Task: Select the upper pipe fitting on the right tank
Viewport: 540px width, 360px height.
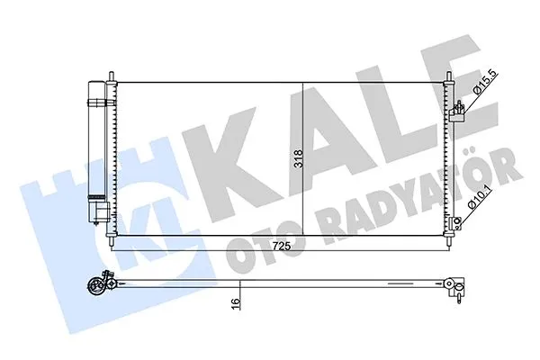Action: tap(460, 112)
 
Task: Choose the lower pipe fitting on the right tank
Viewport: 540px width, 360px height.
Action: tap(458, 221)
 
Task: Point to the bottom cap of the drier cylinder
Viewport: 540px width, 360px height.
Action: tap(97, 214)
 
